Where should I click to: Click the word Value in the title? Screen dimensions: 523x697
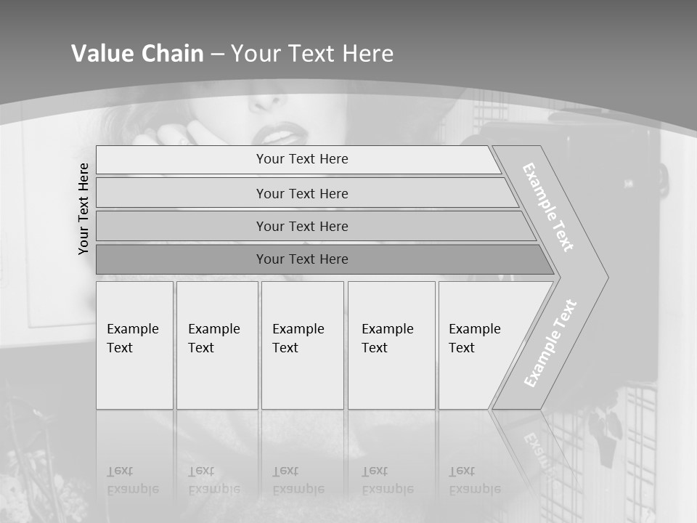tap(101, 54)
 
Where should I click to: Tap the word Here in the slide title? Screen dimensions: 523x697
tap(367, 54)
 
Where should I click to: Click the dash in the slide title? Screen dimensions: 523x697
tap(217, 54)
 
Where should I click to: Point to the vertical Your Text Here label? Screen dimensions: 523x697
tap(83, 208)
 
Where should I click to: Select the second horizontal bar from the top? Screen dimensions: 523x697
tap(302, 193)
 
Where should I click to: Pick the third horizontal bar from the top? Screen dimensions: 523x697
tap(302, 226)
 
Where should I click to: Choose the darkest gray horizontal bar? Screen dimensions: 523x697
tap(302, 259)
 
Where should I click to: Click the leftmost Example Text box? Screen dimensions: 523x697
tap(134, 345)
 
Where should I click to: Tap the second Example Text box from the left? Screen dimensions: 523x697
tap(217, 345)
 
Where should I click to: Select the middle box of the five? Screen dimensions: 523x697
tap(302, 345)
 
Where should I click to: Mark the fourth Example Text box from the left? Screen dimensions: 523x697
tap(391, 345)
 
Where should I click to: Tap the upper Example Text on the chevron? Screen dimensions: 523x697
tap(548, 207)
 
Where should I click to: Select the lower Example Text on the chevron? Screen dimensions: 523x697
tap(550, 343)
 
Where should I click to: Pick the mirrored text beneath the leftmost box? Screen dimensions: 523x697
tap(132, 480)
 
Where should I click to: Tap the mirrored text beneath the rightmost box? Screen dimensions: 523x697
tap(475, 480)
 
